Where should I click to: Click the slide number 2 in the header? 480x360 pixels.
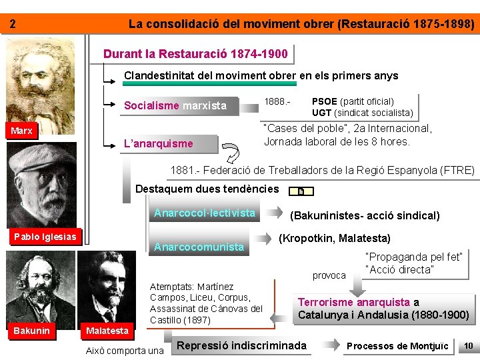pyautogui.click(x=12, y=25)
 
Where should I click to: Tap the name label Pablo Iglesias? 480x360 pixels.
pyautogui.click(x=45, y=237)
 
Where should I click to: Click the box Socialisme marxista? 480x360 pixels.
pyautogui.click(x=175, y=105)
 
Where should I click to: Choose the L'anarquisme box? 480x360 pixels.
pyautogui.click(x=159, y=143)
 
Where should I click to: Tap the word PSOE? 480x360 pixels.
pyautogui.click(x=325, y=101)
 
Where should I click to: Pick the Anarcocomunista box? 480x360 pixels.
pyautogui.click(x=199, y=247)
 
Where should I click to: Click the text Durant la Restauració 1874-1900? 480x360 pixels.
pyautogui.click(x=196, y=53)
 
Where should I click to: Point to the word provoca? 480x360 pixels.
pyautogui.click(x=329, y=275)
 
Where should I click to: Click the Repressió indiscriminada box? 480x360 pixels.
pyautogui.click(x=242, y=345)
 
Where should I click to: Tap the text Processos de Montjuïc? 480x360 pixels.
pyautogui.click(x=397, y=346)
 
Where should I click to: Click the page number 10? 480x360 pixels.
pyautogui.click(x=469, y=345)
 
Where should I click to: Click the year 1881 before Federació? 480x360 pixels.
pyautogui.click(x=182, y=171)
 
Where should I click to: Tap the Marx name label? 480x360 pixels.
pyautogui.click(x=22, y=131)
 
